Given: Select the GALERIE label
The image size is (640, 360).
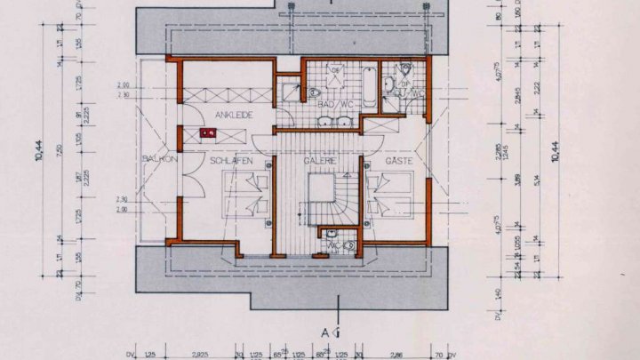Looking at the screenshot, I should coord(319,161).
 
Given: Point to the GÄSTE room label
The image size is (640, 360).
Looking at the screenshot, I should coord(397,161).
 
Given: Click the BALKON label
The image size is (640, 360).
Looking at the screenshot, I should coord(156,159).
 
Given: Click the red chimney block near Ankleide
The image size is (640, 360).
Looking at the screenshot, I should coord(208,134).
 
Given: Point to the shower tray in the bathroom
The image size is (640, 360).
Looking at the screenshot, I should coord(288,90).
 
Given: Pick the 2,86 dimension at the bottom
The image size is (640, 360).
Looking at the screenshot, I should coord(397,353).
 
